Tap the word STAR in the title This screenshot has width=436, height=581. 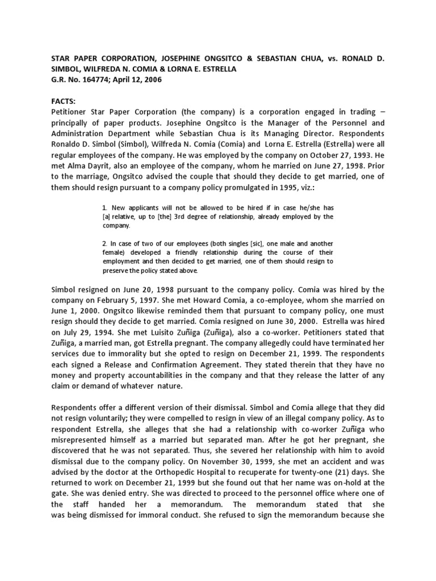63,58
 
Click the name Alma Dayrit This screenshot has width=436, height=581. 88,165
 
